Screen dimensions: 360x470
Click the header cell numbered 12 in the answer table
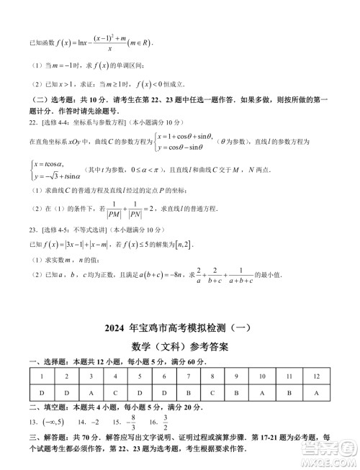coord(316,376)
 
